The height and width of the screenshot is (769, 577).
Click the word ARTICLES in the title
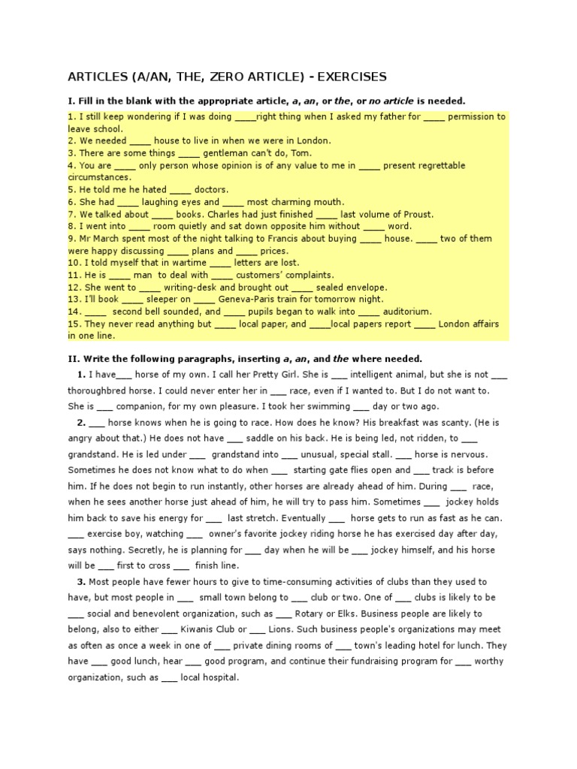(x=99, y=77)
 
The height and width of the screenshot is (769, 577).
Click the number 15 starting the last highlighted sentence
(x=73, y=324)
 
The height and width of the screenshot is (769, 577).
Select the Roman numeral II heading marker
(x=71, y=358)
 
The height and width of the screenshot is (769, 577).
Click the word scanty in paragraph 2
(x=439, y=423)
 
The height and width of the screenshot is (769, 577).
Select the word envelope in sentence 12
(x=363, y=287)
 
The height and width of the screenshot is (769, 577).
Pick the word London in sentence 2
(x=310, y=140)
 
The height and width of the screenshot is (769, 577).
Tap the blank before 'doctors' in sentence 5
(x=181, y=189)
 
